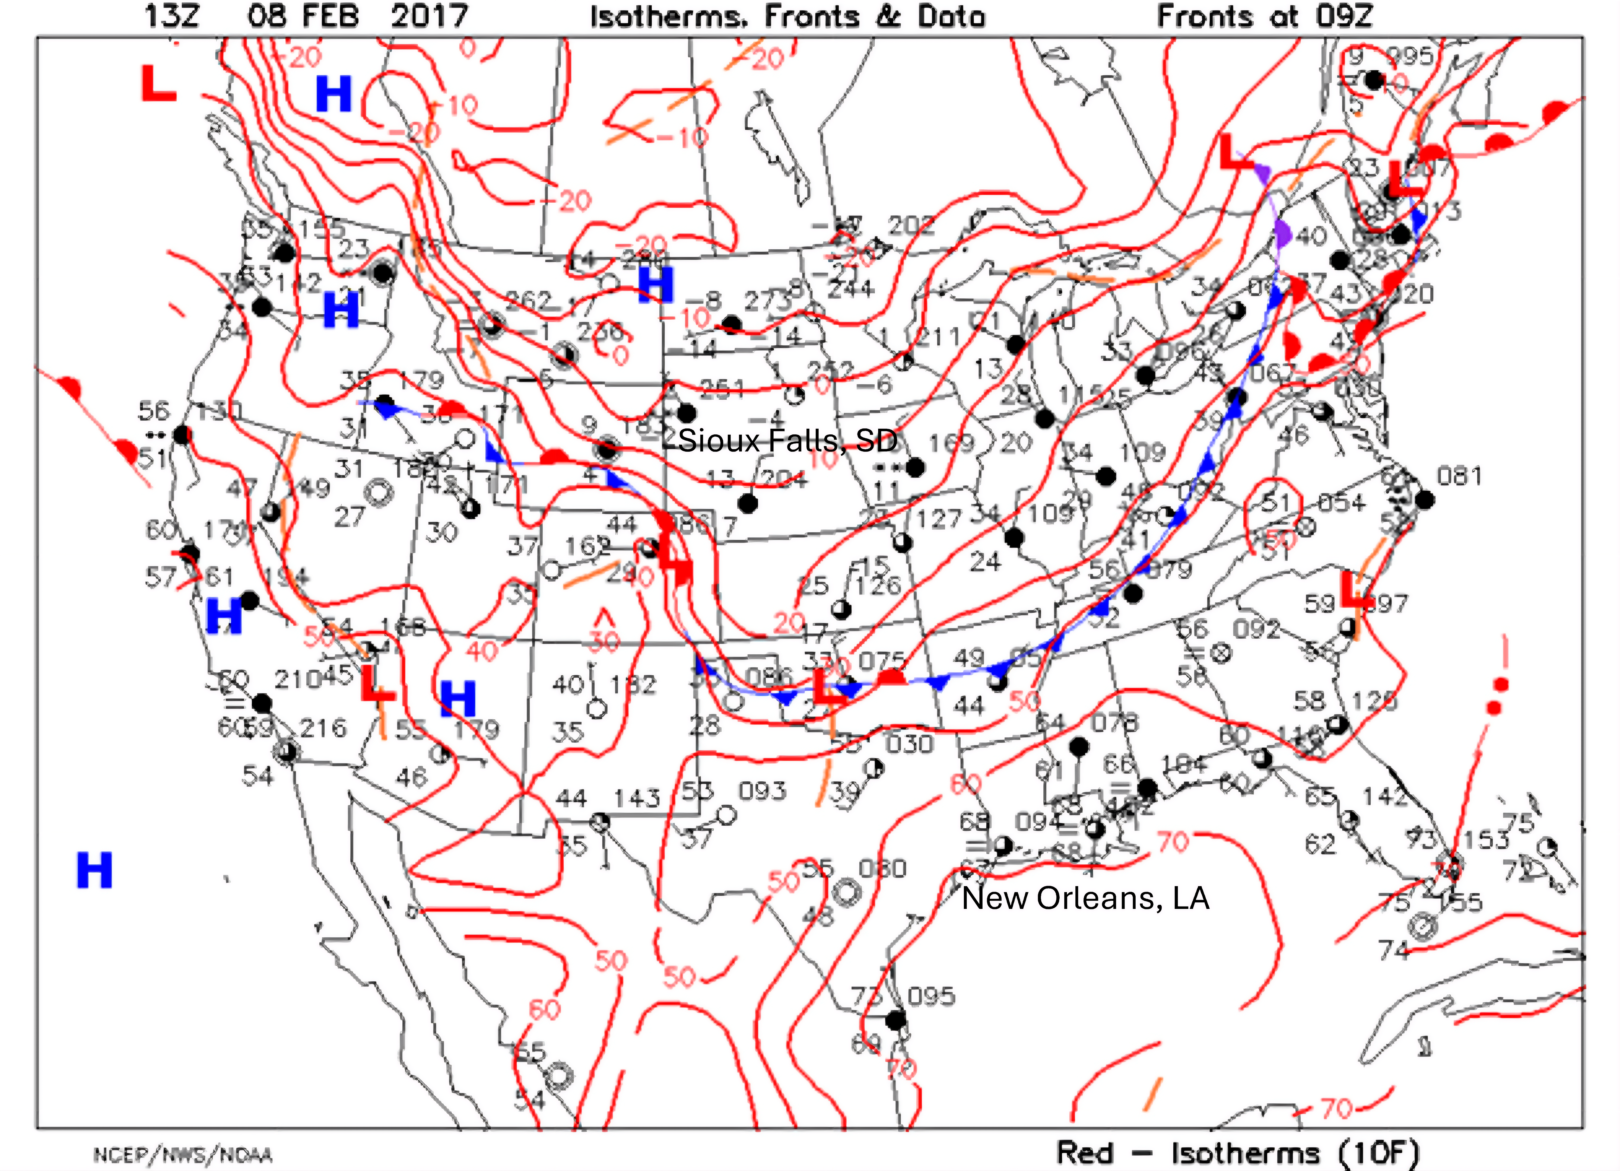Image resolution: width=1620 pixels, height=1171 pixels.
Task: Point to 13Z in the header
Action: coord(171,16)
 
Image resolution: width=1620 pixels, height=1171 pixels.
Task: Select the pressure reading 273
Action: coord(766,301)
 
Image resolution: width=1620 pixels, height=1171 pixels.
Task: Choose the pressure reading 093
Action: coord(762,791)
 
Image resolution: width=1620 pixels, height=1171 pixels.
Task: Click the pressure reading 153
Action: coord(1486,840)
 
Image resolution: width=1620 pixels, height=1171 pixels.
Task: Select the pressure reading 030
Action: coord(909,744)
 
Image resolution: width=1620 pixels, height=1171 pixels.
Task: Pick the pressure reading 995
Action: coord(1409,56)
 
